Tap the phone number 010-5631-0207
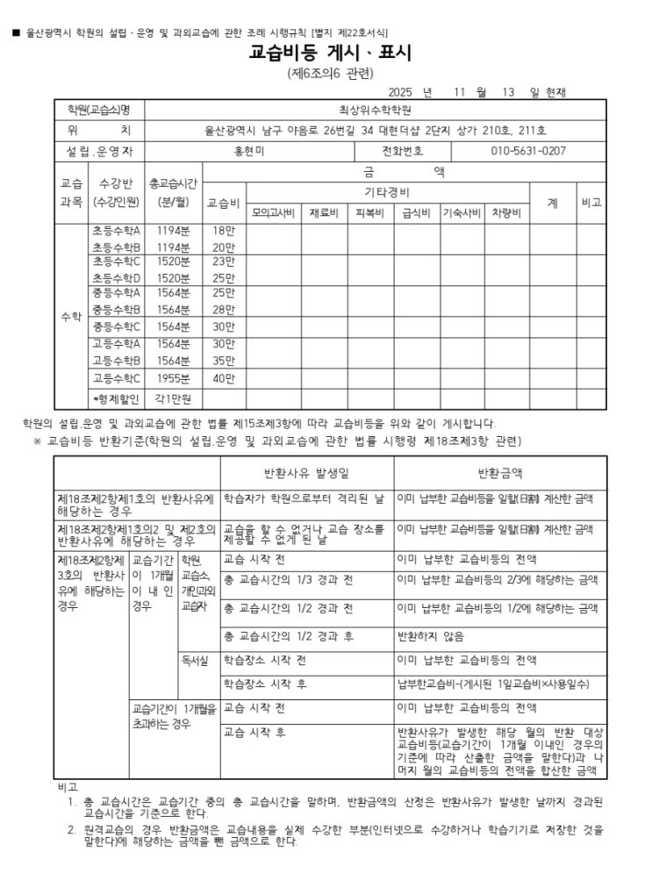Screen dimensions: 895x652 [x=528, y=151]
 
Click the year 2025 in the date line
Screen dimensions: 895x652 [x=399, y=91]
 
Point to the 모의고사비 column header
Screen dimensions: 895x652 [x=275, y=213]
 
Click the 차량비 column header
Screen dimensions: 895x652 [x=506, y=213]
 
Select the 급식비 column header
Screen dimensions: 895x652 [x=415, y=213]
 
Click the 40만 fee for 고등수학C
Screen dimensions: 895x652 [x=224, y=379]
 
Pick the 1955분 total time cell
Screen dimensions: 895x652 [x=173, y=379]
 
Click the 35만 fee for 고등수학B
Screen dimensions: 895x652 [x=224, y=360]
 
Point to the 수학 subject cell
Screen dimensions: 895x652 [x=72, y=317]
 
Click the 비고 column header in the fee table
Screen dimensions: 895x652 [x=591, y=203]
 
